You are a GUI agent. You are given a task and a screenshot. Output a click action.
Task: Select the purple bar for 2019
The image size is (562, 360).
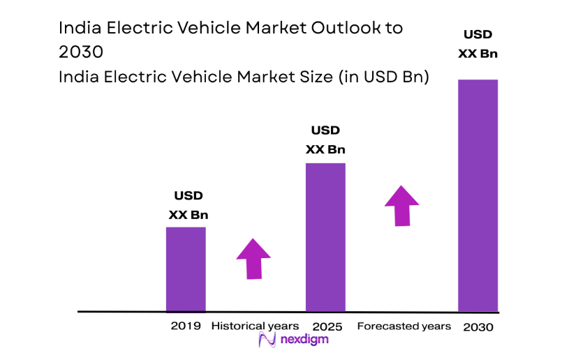(x=186, y=269)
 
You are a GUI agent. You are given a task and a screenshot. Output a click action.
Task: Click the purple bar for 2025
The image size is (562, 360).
(x=325, y=237)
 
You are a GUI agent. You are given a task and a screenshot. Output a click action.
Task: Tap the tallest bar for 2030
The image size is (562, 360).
(x=478, y=195)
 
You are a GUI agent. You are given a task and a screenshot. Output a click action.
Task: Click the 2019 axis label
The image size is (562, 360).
(x=186, y=326)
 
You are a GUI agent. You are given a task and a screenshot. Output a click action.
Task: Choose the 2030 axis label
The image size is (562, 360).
(x=478, y=327)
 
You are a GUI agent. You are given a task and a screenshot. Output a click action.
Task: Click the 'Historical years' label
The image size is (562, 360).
(x=255, y=326)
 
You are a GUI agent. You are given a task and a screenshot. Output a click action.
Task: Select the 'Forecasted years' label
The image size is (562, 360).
(x=404, y=326)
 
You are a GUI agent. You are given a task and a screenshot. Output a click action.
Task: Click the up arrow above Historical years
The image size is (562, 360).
(x=253, y=258)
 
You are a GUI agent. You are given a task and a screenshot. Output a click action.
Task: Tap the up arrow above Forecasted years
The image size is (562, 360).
(x=401, y=205)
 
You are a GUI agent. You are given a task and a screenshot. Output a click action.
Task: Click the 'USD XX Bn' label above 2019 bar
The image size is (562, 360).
(x=188, y=205)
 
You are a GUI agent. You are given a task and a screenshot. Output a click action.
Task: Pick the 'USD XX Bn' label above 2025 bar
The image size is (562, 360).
(x=325, y=140)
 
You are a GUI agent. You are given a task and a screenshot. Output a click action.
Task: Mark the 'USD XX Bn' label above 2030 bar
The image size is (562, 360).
(x=478, y=43)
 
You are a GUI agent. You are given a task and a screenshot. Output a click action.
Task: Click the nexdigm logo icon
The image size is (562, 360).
(x=266, y=340)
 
